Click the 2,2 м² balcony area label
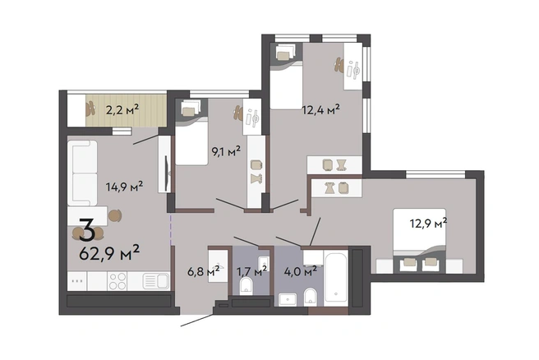point(122,110)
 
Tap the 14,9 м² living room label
point(124,187)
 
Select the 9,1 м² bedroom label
point(226,151)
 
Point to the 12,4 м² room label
point(320,109)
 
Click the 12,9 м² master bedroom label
point(428,224)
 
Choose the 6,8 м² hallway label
point(204,272)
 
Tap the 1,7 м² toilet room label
point(252,271)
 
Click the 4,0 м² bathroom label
point(301,271)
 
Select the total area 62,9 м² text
point(109,253)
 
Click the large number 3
point(87,229)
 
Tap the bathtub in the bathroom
point(336,277)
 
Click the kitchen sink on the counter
point(156,281)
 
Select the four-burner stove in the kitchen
point(117,281)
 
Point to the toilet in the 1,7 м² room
point(246,286)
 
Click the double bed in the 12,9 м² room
point(420,240)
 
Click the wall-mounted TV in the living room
point(167,173)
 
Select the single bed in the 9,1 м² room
point(191,132)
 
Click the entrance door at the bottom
point(197,320)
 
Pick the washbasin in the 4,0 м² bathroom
point(288,299)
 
